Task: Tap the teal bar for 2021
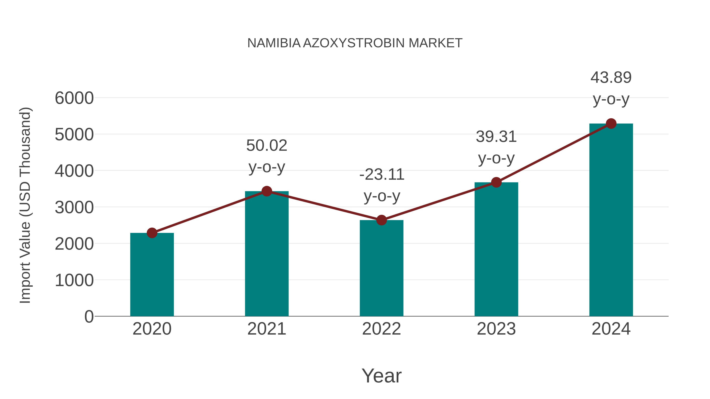coord(266,254)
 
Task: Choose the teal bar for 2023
coord(496,249)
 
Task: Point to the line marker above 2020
coord(152,233)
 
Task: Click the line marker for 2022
coord(381,220)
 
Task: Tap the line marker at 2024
coord(611,124)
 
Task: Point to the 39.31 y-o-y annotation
coord(496,147)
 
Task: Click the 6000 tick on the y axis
coord(74,98)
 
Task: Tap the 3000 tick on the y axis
coord(74,207)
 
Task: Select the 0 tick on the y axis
coord(89,316)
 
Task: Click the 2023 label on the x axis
coord(496,329)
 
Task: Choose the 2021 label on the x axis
coord(266,329)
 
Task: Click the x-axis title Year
coord(381,376)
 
